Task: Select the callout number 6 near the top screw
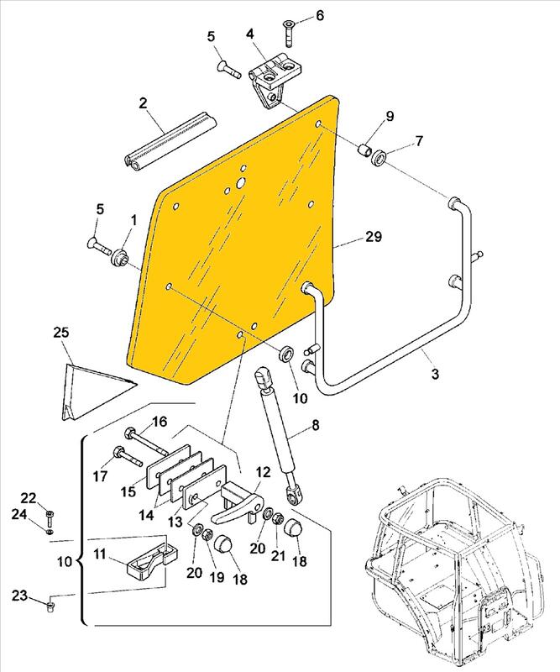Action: click(x=319, y=16)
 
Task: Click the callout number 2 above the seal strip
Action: click(x=144, y=103)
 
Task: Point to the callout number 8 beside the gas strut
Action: click(x=316, y=425)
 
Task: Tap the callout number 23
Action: click(x=19, y=596)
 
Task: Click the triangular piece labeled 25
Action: click(x=92, y=388)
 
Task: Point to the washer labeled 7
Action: click(x=380, y=156)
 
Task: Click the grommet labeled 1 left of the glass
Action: click(x=120, y=256)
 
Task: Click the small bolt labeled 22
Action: click(x=49, y=513)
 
